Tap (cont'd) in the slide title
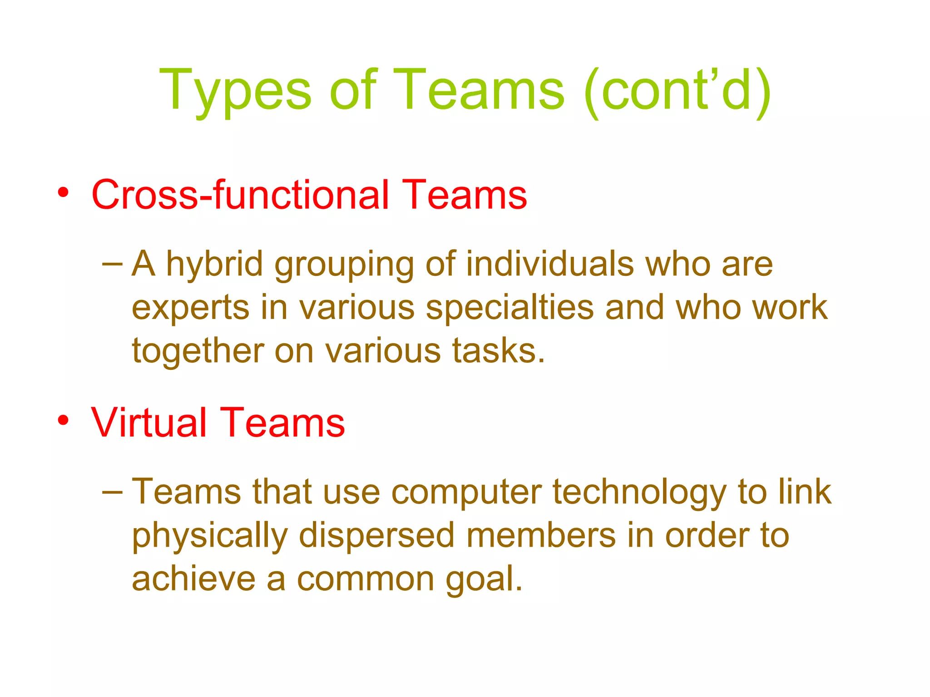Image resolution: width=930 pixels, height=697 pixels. tap(677, 91)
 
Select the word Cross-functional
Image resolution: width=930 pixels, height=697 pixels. tap(240, 195)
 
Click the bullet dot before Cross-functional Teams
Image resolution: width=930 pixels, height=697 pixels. tap(63, 192)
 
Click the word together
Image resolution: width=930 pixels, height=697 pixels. tap(198, 351)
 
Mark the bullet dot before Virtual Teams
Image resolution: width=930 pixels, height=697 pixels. tap(63, 420)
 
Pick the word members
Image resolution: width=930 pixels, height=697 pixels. tap(541, 535)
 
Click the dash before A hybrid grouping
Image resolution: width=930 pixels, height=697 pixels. tap(113, 264)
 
